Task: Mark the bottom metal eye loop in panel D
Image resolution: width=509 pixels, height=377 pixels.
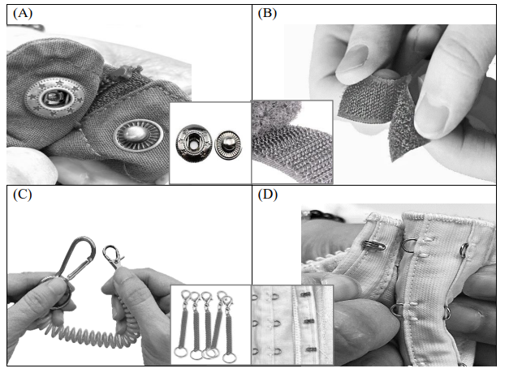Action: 394,310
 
